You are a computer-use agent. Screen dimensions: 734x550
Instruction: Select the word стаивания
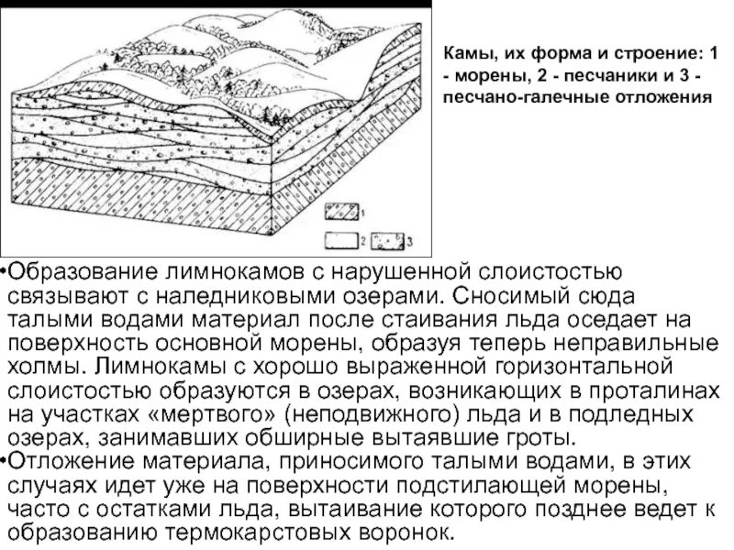click(408, 319)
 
